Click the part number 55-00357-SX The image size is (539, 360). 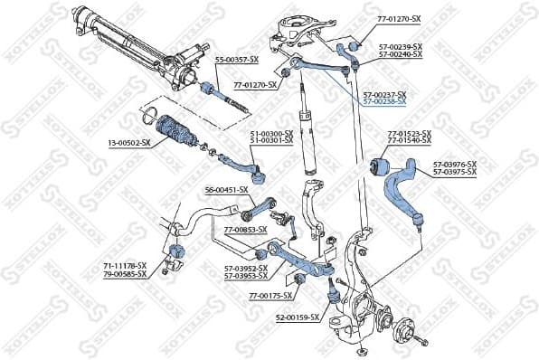pos(236,60)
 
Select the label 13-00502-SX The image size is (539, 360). pos(128,143)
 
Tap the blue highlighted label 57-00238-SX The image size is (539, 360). pos(384,101)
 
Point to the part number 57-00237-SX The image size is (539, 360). pos(384,94)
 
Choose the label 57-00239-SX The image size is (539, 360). pos(399,47)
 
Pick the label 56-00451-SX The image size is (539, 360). pos(226,190)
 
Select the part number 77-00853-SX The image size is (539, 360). pos(245,230)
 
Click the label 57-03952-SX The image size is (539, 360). pos(246,268)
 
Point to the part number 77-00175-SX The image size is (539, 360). pos(270,296)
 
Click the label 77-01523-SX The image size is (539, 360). pos(410,134)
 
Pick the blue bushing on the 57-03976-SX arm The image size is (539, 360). pos(380,167)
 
